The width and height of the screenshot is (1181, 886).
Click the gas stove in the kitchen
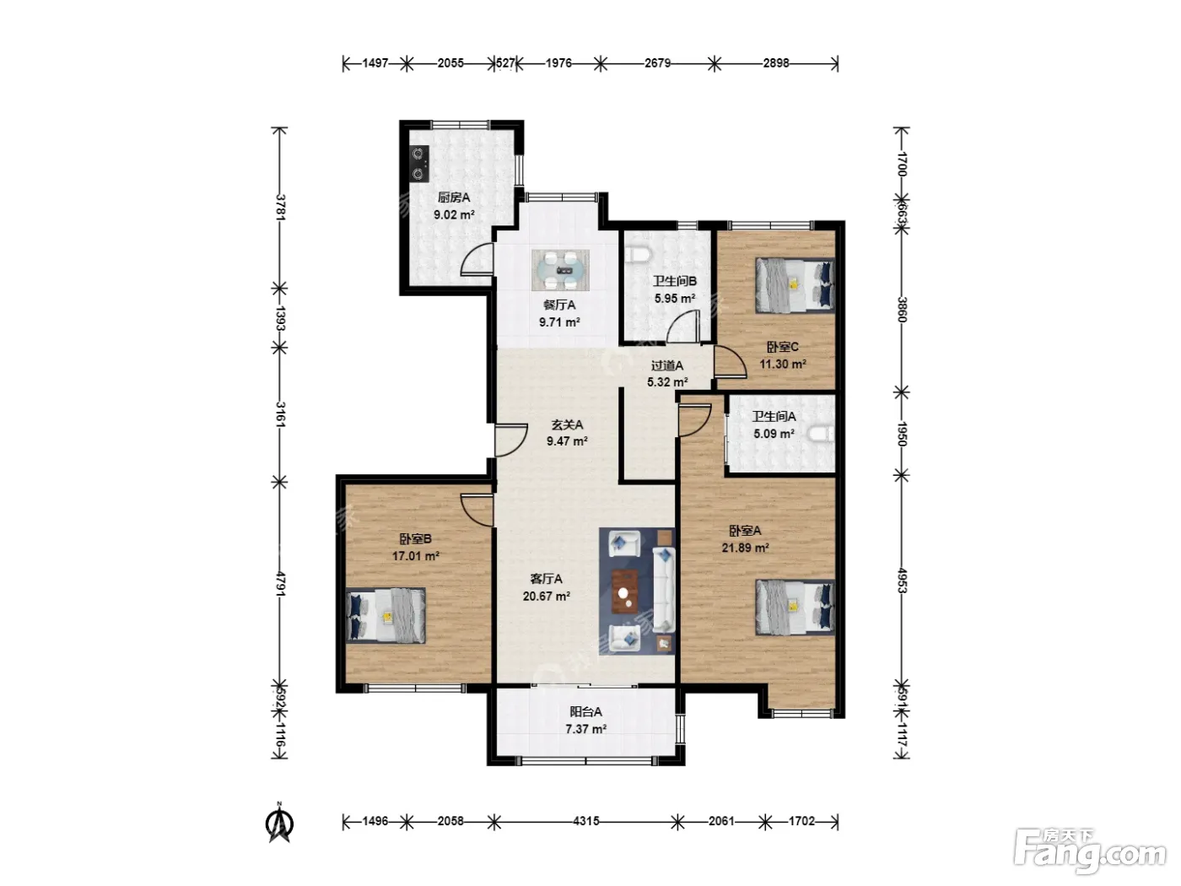pos(418,164)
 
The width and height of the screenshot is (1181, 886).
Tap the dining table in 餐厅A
pos(560,270)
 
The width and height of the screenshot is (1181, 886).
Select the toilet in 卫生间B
pos(639,255)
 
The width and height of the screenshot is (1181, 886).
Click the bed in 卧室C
pos(795,285)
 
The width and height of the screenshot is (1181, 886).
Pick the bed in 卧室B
pos(386,615)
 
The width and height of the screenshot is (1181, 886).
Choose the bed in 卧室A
pos(795,607)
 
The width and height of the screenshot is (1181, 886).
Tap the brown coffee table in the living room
pos(625,592)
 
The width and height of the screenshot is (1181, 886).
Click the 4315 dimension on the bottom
pos(585,821)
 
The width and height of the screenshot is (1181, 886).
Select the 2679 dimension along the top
pos(657,63)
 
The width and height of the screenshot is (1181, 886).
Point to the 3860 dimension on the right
pos(903,310)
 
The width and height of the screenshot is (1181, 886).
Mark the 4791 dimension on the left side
pos(279,584)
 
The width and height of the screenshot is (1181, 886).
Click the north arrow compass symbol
pos(279,823)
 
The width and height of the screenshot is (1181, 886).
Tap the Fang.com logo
pos(1090,851)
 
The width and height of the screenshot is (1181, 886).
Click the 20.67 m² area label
pos(546,596)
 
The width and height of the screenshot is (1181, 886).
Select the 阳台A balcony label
pos(585,711)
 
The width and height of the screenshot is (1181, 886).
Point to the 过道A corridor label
pos(667,366)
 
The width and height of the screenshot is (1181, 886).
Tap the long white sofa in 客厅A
pos(665,590)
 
